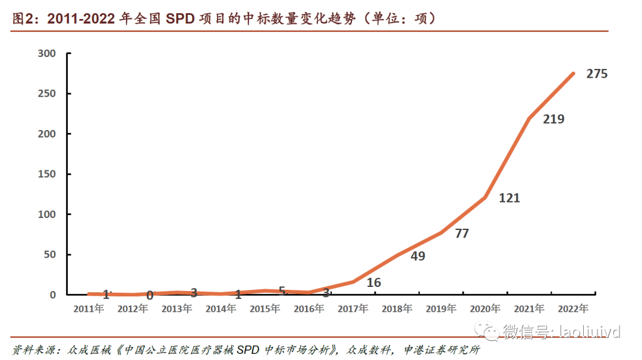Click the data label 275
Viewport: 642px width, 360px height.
coord(596,74)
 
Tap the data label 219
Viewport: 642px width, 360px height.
coord(553,119)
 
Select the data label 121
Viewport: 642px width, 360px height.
coord(509,198)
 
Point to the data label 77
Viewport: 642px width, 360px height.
coord(461,233)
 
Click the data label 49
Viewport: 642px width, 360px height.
coord(418,256)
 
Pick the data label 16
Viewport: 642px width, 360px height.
coord(373,283)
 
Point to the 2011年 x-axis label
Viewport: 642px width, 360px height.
coord(89,309)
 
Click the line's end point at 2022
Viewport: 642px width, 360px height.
coord(574,73)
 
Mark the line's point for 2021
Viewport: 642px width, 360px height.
coord(530,118)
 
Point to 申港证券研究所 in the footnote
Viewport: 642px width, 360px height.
coord(441,350)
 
